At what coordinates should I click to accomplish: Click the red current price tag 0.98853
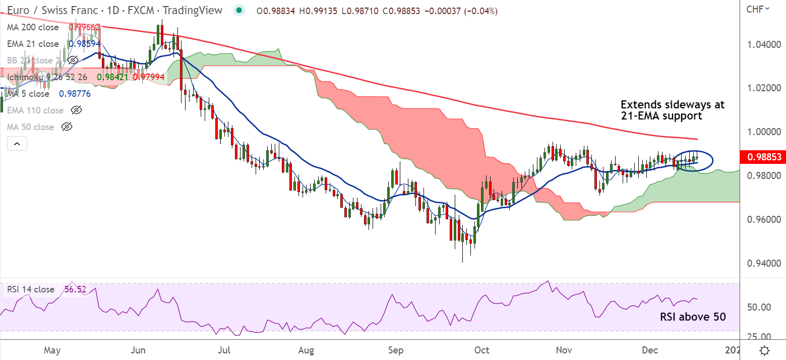pos(762,157)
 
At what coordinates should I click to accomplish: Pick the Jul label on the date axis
pos(225,349)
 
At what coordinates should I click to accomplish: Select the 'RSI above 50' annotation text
pos(693,317)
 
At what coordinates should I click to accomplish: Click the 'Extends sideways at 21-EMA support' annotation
pos(672,110)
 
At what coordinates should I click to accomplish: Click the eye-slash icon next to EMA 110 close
pos(76,110)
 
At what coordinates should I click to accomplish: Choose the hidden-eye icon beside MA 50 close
pos(67,127)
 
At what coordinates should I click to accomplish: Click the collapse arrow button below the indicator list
pos(17,144)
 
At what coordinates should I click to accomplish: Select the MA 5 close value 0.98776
pos(75,94)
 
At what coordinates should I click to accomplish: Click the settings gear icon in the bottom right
pos(764,350)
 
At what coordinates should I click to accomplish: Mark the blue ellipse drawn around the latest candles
pos(711,160)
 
